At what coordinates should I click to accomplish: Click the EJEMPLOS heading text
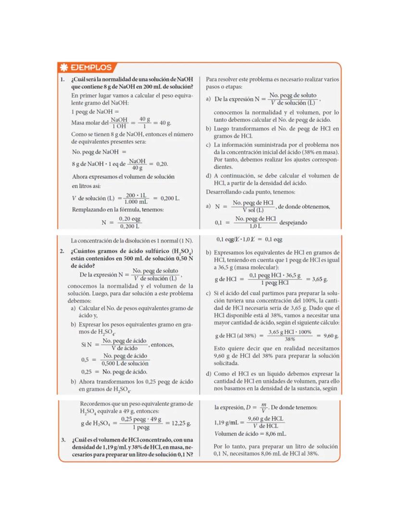tap(91, 68)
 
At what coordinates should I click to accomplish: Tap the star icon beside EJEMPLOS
tap(64, 68)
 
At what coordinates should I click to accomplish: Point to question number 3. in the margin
tap(63, 440)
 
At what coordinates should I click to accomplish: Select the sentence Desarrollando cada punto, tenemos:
tap(250, 191)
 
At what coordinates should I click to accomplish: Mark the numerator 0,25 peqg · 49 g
tap(141, 419)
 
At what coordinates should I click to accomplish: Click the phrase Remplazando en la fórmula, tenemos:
tap(118, 210)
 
